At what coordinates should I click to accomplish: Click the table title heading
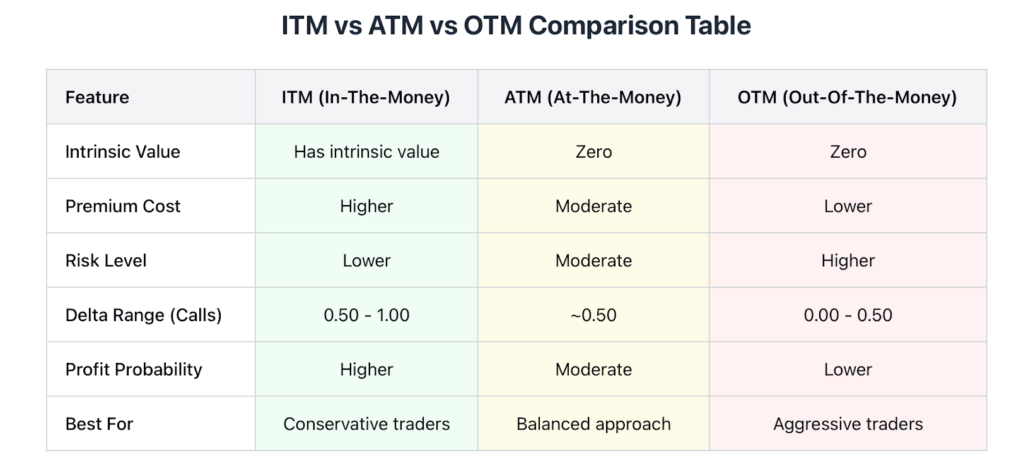pos(516,25)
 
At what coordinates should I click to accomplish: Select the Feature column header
pos(97,97)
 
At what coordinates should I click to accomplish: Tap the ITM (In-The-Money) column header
pos(366,97)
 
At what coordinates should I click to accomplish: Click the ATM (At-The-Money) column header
pos(593,97)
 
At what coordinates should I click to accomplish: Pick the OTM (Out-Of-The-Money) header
pos(848,97)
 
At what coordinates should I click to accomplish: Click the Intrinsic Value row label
pos(122,152)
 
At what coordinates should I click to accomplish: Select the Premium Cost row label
pos(122,206)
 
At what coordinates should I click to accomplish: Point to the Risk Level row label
pos(106,261)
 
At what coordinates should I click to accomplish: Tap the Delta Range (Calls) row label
pos(143,315)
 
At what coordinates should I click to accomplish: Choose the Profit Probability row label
pos(133,370)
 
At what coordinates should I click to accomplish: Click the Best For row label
pos(99,424)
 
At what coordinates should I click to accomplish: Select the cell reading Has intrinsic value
pos(366,152)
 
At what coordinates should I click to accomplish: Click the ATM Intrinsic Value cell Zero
pos(593,152)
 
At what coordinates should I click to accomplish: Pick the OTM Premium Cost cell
pos(848,206)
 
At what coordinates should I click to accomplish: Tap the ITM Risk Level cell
pos(366,261)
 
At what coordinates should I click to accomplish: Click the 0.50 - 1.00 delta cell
pos(366,315)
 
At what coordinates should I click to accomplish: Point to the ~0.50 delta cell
pos(593,315)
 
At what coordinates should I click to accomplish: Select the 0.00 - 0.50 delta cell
pos(848,315)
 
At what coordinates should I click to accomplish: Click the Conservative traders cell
pos(366,424)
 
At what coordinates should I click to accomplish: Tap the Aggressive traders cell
pos(848,424)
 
